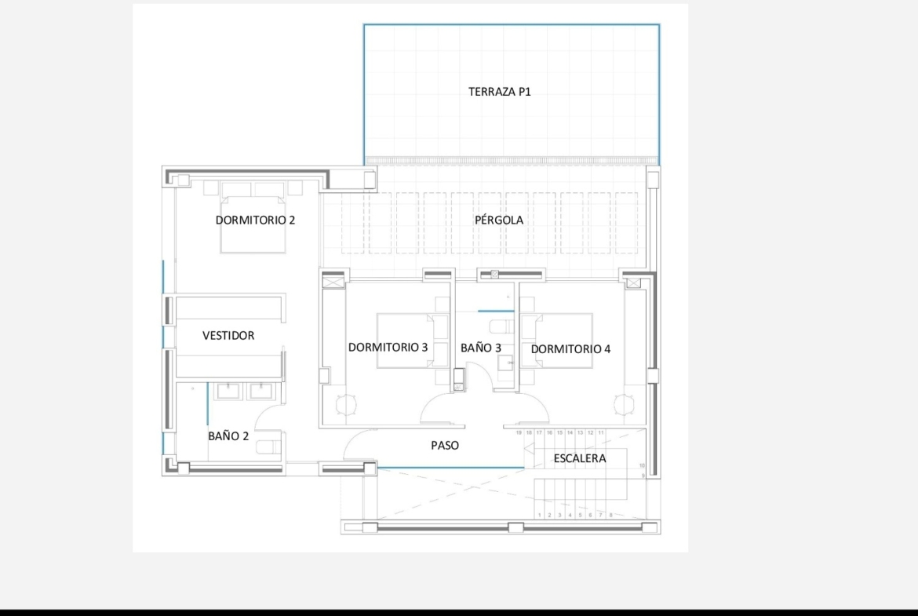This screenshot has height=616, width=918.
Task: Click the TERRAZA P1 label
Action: [499, 91]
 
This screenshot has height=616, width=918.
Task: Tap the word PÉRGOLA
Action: [499, 221]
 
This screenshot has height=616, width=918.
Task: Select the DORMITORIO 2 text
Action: [255, 221]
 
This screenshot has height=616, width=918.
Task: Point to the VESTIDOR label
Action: [228, 336]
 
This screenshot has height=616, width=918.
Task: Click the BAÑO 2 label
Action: [228, 436]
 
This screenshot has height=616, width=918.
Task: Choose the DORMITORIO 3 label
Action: [388, 347]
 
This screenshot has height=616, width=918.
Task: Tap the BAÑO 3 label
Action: [481, 348]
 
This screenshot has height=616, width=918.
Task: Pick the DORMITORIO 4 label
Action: [571, 349]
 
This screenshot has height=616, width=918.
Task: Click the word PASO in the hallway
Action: [445, 446]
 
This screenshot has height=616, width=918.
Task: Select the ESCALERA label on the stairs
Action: [580, 458]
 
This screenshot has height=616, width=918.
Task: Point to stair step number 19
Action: [519, 432]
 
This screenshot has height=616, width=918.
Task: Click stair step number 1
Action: [540, 516]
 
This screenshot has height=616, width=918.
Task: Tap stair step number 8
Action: [610, 516]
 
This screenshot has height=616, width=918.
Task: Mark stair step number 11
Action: [601, 432]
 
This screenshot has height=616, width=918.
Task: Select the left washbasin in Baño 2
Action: [228, 391]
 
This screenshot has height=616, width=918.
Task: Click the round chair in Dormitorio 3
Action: [346, 405]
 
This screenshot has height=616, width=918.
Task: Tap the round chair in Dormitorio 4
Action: [624, 404]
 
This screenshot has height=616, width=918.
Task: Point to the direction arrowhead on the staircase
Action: [529, 449]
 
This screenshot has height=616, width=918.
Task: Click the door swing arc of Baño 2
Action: [260, 409]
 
